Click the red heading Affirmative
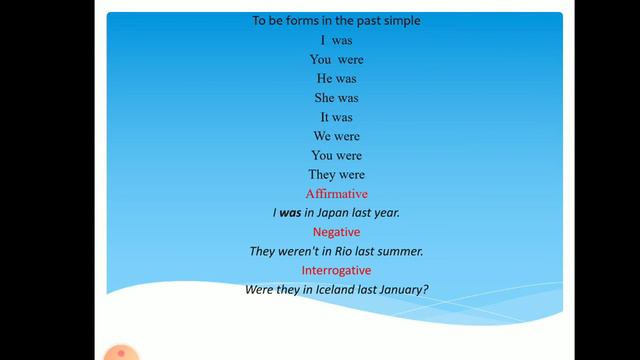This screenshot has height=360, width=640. tap(336, 193)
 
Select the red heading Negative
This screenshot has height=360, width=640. tap(336, 232)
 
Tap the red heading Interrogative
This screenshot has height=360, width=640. tap(336, 270)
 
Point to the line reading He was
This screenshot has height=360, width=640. tap(336, 79)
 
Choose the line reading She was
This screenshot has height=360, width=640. tap(336, 98)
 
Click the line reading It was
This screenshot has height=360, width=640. tap(336, 117)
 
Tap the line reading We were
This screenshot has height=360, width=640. tap(336, 136)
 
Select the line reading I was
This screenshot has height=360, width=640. tap(336, 41)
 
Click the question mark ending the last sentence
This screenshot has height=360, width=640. tap(426, 290)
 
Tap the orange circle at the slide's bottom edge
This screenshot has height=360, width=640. tap(121, 353)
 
